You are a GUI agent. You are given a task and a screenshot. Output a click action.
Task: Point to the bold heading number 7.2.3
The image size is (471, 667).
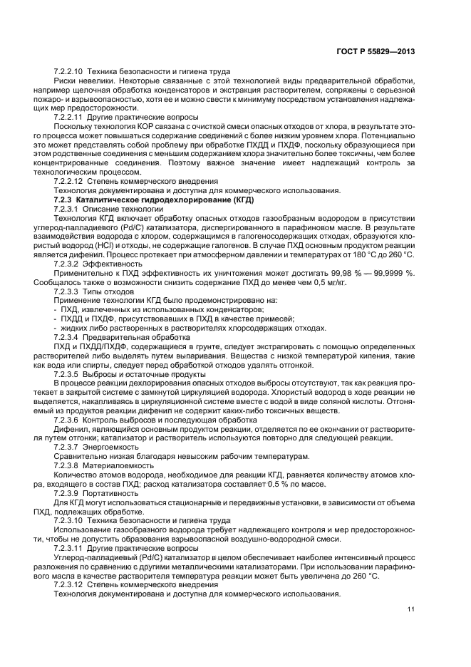click(66, 201)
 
